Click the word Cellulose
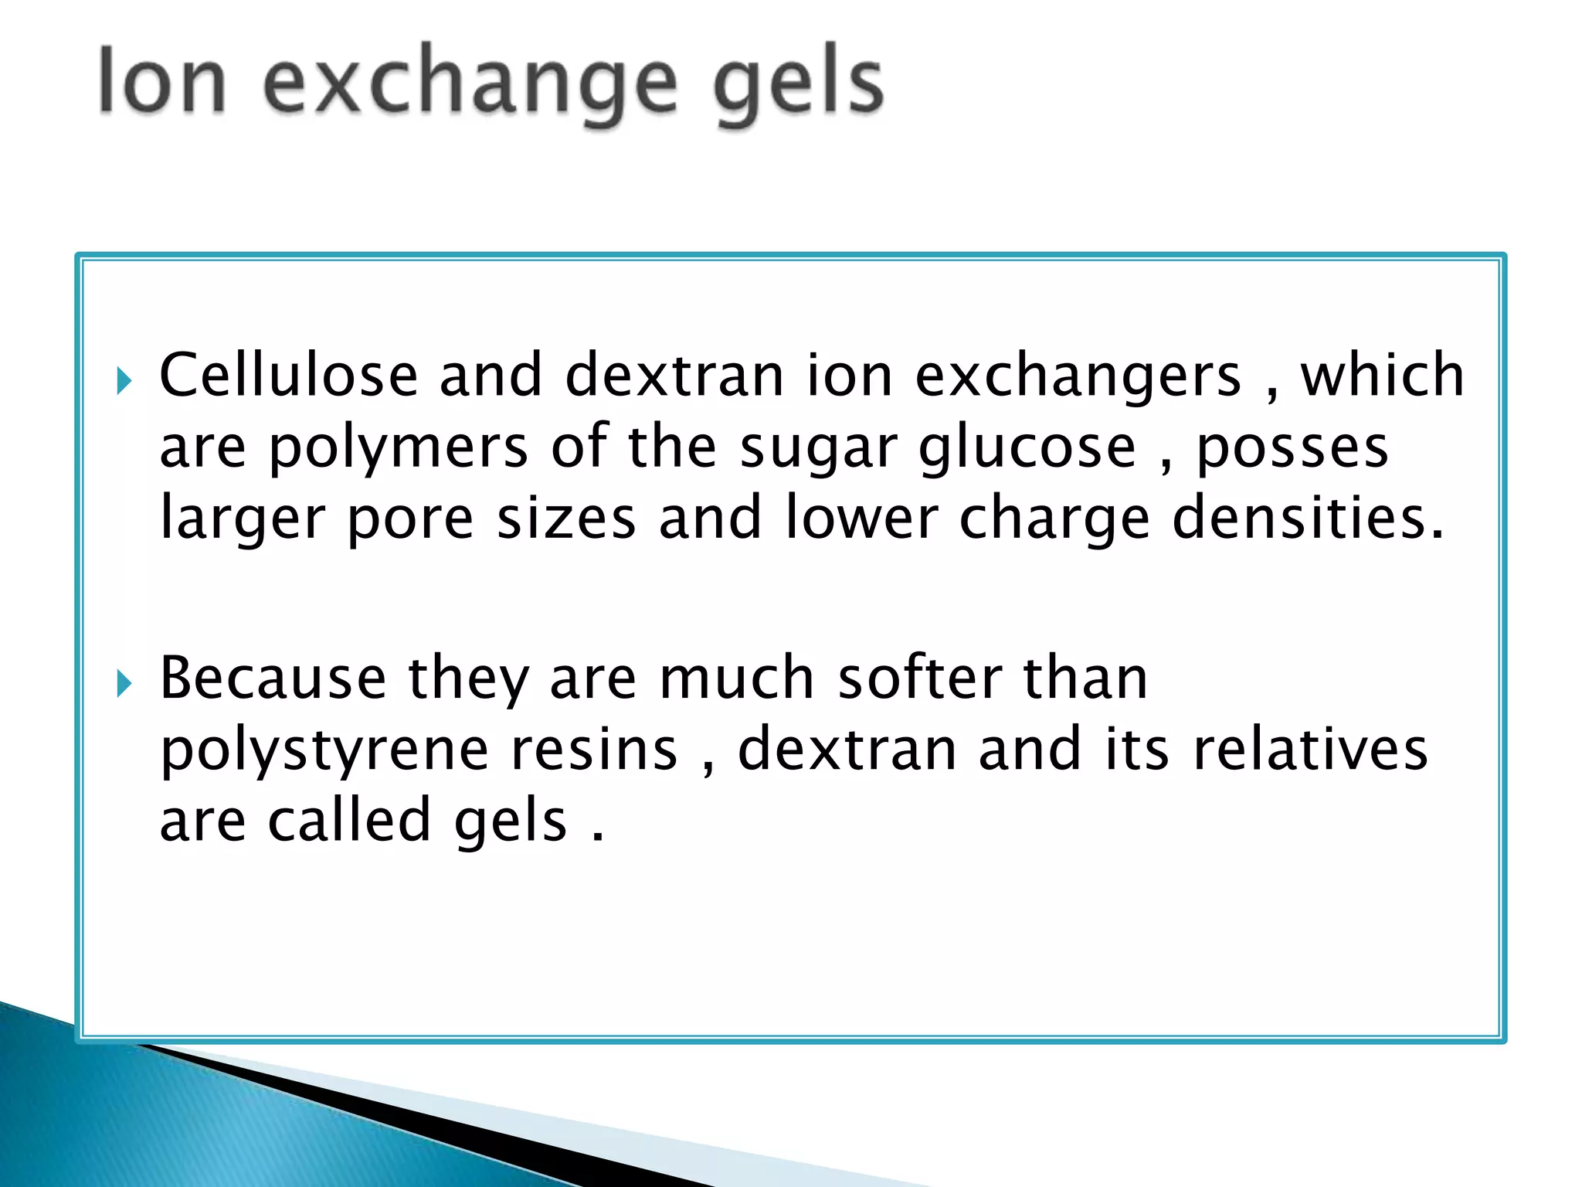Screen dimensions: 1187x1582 coord(288,376)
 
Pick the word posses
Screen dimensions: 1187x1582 coord(1292,448)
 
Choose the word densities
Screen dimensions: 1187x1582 coord(1308,518)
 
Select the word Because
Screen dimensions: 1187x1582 coord(273,679)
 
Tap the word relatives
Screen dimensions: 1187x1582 coord(1310,750)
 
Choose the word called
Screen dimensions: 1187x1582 coord(349,821)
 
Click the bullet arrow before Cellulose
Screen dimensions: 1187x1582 coord(124,380)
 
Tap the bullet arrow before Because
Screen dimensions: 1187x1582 coord(124,683)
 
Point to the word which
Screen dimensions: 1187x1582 coord(1382,376)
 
